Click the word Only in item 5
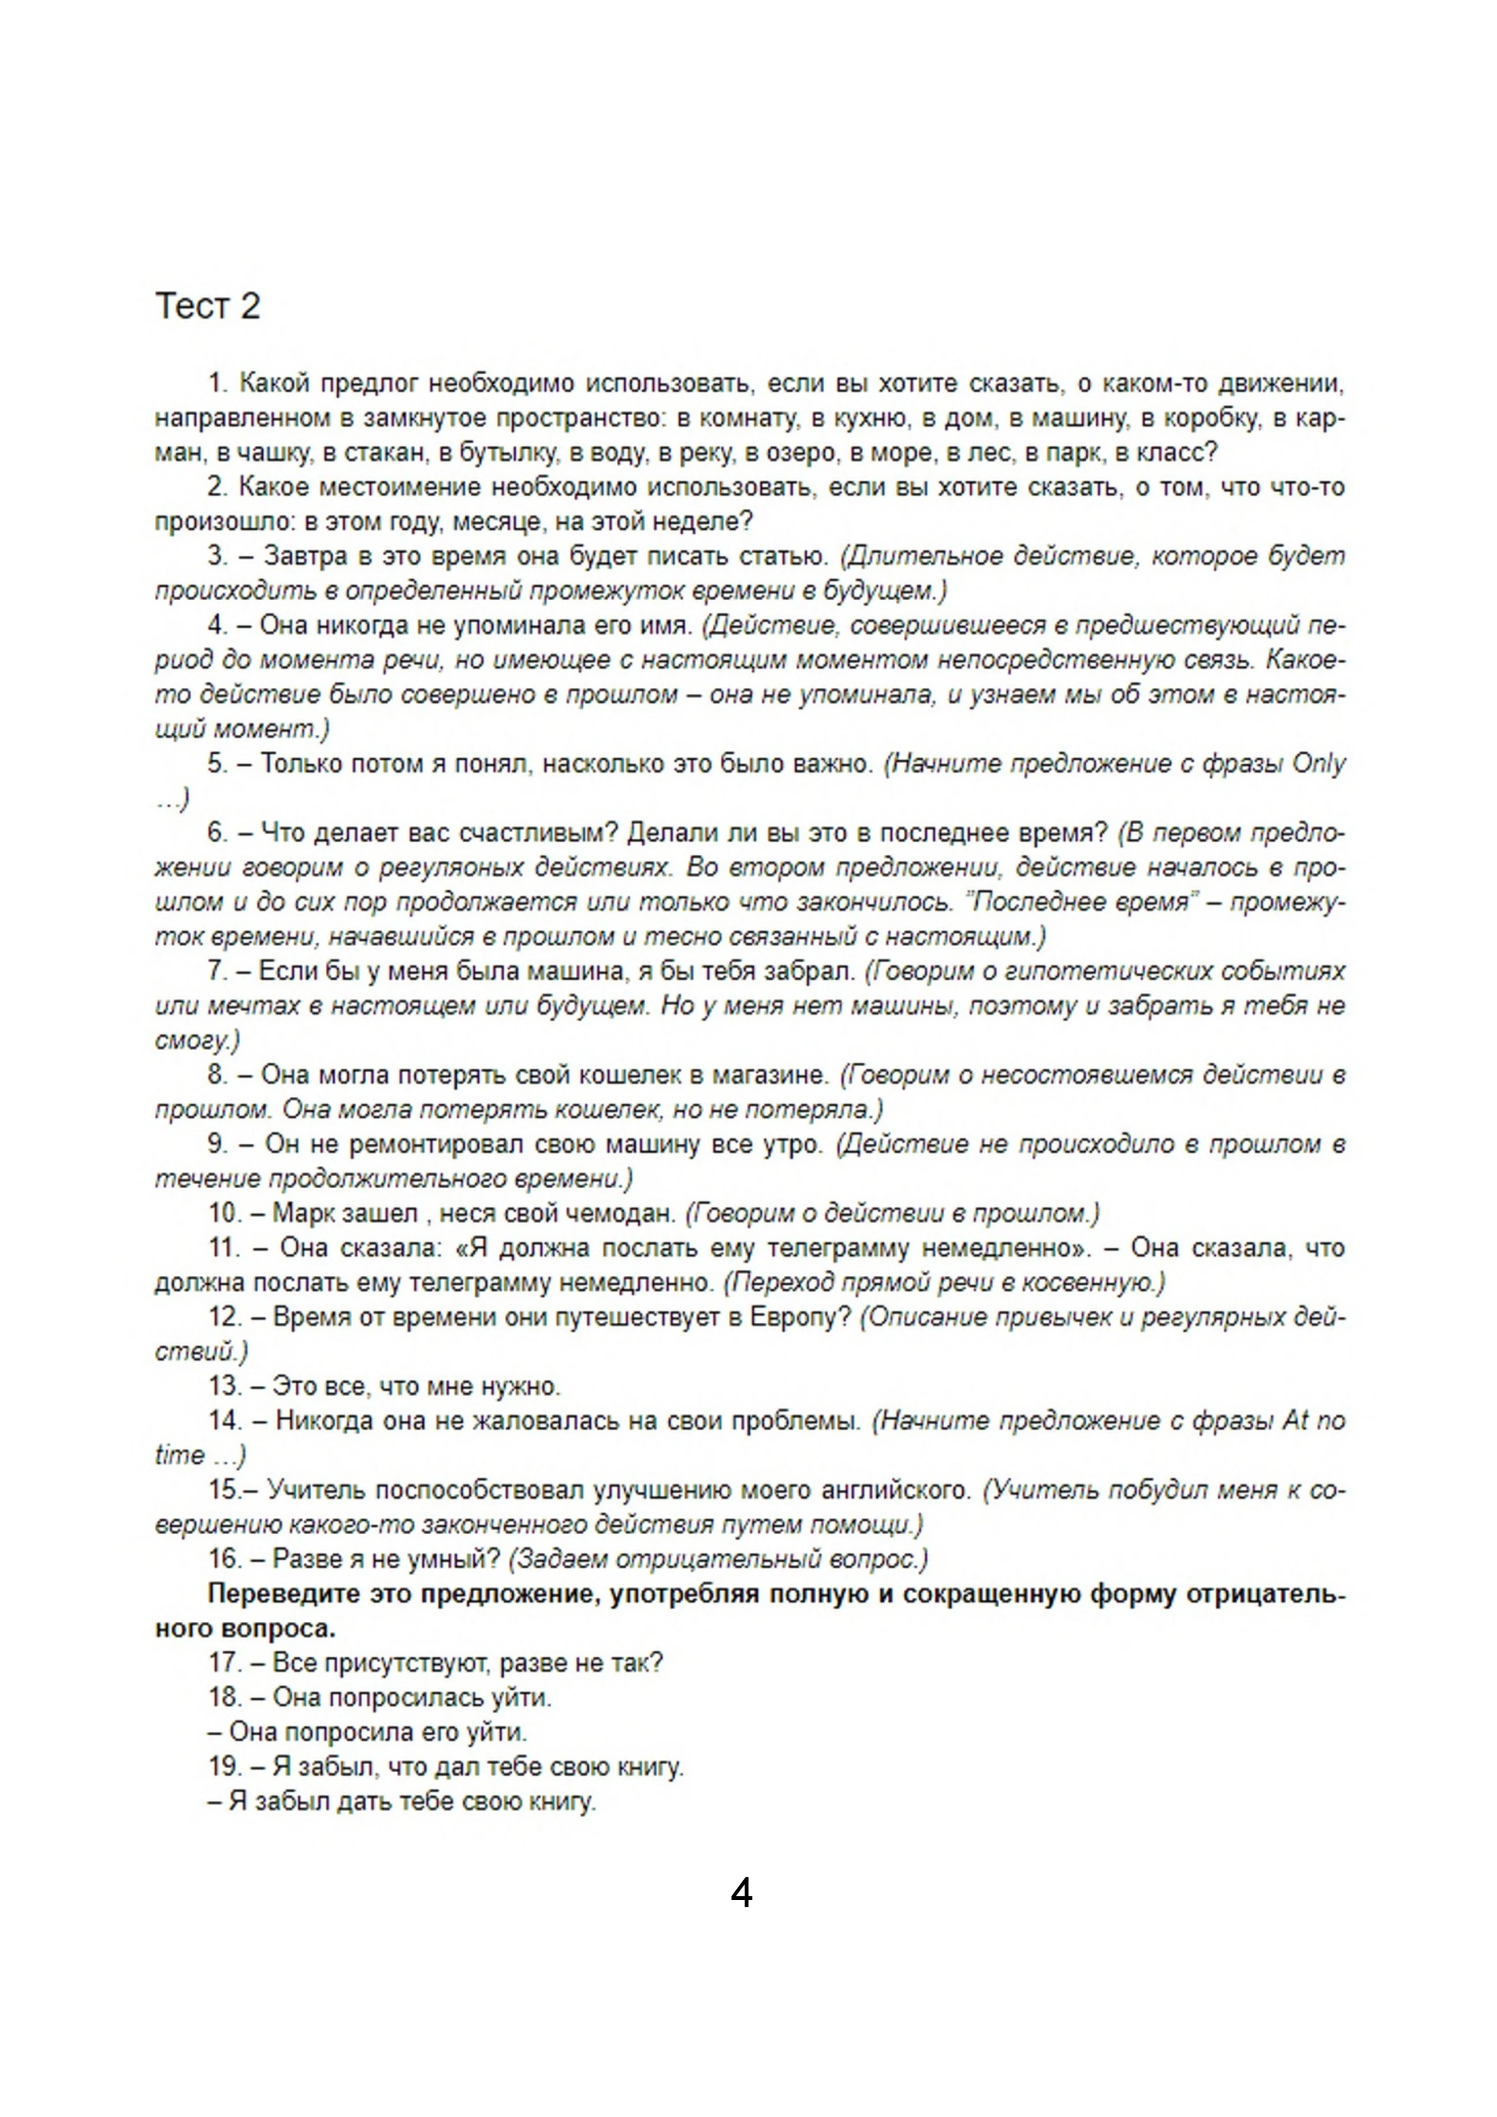pos(1318,764)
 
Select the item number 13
pos(224,1386)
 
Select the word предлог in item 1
pos(371,382)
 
